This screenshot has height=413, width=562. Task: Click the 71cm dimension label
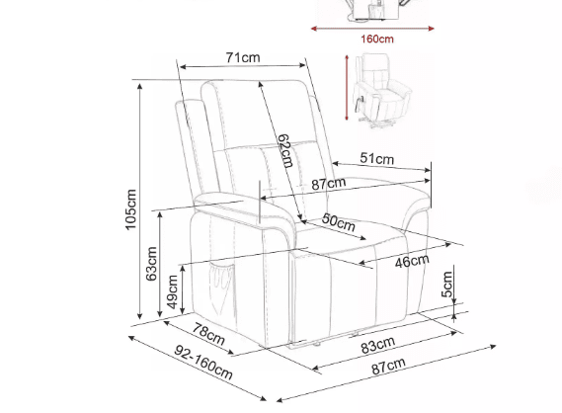[243, 57]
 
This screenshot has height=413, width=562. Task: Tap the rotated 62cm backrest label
[285, 151]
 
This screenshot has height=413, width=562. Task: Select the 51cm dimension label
[376, 158]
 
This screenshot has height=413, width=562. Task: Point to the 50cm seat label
[339, 222]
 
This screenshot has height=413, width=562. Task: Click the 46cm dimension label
[412, 262]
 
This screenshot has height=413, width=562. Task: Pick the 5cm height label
[447, 285]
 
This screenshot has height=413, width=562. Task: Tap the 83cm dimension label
[378, 345]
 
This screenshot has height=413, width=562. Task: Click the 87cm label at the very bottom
[388, 366]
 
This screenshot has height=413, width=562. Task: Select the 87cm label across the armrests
[329, 184]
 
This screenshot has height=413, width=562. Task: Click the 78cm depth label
[209, 334]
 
